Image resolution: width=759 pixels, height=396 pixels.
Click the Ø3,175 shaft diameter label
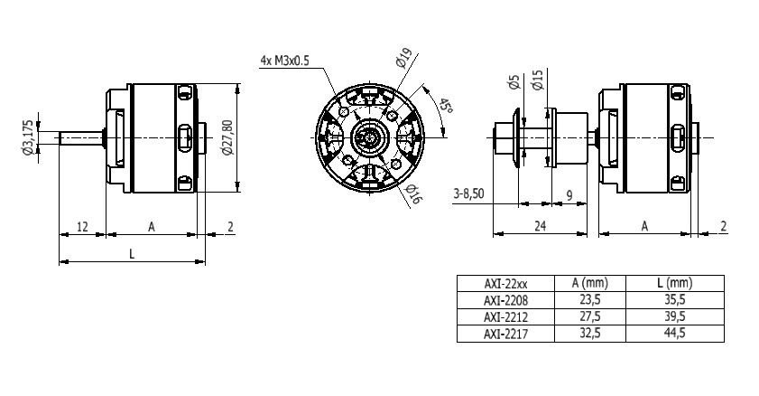pyautogui.click(x=28, y=137)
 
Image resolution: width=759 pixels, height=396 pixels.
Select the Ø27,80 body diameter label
pyautogui.click(x=227, y=137)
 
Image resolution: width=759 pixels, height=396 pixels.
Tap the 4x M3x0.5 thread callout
pyautogui.click(x=284, y=61)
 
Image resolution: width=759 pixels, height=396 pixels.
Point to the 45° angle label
pyautogui.click(x=445, y=106)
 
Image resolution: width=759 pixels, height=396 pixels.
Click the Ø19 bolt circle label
pyautogui.click(x=403, y=58)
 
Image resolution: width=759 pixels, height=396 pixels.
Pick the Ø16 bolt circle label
pyautogui.click(x=412, y=193)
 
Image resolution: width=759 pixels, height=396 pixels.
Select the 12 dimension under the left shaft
pyautogui.click(x=82, y=226)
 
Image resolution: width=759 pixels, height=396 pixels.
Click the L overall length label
pyautogui.click(x=132, y=253)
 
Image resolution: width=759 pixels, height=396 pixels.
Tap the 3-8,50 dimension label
pyautogui.click(x=469, y=194)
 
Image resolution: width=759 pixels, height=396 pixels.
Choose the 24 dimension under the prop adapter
pyautogui.click(x=540, y=226)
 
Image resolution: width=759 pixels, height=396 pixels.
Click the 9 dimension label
pyautogui.click(x=569, y=195)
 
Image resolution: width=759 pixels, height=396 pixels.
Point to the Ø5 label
pyautogui.click(x=514, y=82)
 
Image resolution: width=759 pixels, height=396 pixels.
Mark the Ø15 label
pyautogui.click(x=537, y=80)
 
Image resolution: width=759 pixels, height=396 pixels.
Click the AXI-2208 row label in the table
pyautogui.click(x=505, y=300)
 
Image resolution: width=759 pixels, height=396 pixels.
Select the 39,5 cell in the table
pyautogui.click(x=675, y=316)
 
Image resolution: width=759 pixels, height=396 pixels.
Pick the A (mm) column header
pyautogui.click(x=589, y=283)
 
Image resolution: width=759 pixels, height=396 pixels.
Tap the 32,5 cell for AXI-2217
pyautogui.click(x=589, y=333)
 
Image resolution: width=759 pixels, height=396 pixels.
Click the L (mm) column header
pyautogui.click(x=675, y=283)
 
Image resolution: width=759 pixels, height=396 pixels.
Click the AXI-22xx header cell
pyautogui.click(x=505, y=284)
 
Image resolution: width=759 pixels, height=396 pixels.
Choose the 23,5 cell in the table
pyautogui.click(x=589, y=299)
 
